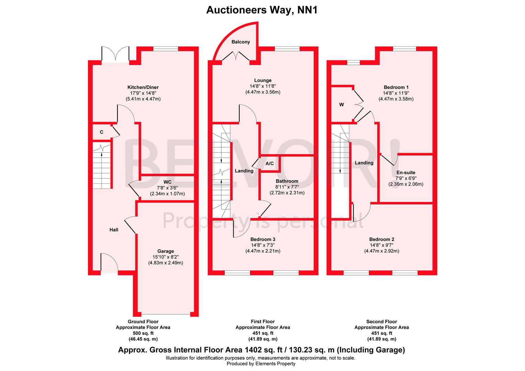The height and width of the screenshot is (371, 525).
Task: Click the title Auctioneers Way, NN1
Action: pyautogui.click(x=262, y=10)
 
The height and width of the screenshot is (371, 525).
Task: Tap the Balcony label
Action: pyautogui.click(x=241, y=42)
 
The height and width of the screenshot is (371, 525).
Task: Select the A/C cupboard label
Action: pyautogui.click(x=270, y=164)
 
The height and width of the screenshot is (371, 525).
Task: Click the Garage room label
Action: pyautogui.click(x=166, y=251)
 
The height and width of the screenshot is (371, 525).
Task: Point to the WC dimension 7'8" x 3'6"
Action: pyautogui.click(x=167, y=188)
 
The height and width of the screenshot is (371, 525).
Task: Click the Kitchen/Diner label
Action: pyautogui.click(x=143, y=87)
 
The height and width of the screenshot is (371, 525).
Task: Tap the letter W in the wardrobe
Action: pyautogui.click(x=342, y=105)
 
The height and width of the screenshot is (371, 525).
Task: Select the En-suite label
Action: pyautogui.click(x=406, y=172)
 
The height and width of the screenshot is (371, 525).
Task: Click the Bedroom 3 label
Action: pyautogui.click(x=262, y=239)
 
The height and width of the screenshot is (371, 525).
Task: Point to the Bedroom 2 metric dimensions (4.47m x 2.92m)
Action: pyautogui.click(x=381, y=251)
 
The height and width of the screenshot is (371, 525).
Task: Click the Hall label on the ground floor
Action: pyautogui.click(x=114, y=229)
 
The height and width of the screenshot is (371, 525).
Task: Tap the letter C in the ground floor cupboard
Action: pyautogui.click(x=101, y=132)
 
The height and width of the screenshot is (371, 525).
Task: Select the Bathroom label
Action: pyautogui.click(x=287, y=181)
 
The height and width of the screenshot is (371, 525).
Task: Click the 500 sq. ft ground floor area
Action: pyautogui.click(x=143, y=333)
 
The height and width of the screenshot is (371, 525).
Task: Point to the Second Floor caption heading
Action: pyautogui.click(x=381, y=322)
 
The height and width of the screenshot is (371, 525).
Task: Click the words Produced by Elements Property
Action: pyautogui.click(x=261, y=363)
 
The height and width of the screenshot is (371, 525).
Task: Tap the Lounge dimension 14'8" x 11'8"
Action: pyautogui.click(x=262, y=86)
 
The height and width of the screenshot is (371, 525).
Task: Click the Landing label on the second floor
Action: pyautogui.click(x=364, y=163)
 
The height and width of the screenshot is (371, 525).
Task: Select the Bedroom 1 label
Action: pyautogui.click(x=396, y=87)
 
